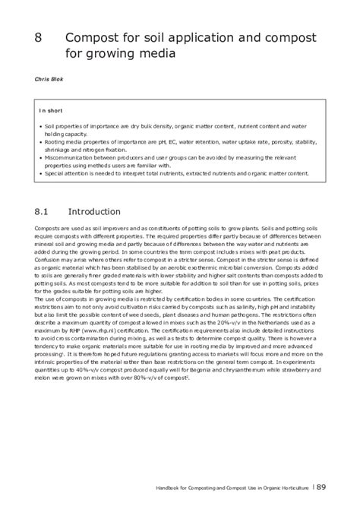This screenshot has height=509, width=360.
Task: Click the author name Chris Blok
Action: click(x=48, y=78)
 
